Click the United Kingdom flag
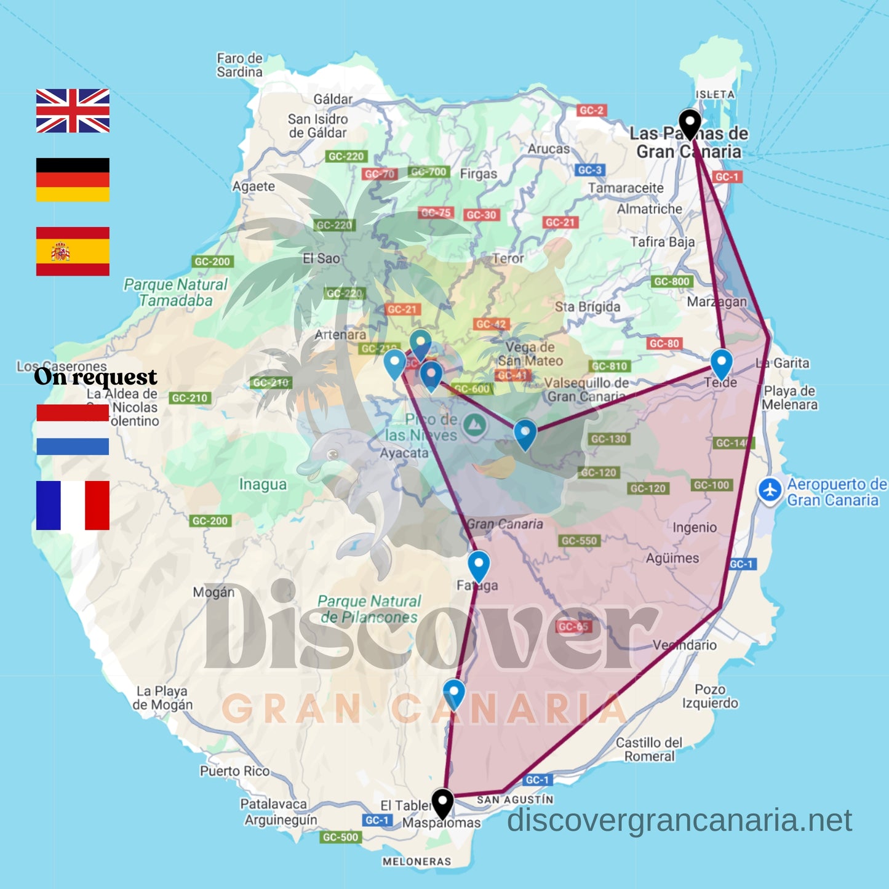pyautogui.click(x=73, y=111)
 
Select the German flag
pyautogui.click(x=73, y=180)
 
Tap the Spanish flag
pyautogui.click(x=73, y=251)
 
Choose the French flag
pyautogui.click(x=73, y=505)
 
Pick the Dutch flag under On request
pyautogui.click(x=73, y=429)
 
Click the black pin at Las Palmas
pyautogui.click(x=690, y=123)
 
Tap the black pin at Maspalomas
pyautogui.click(x=442, y=802)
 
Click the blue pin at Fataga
pyautogui.click(x=479, y=564)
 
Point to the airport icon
pyautogui.click(x=770, y=490)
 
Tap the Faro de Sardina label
pyautogui.click(x=239, y=65)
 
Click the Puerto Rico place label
pyautogui.click(x=234, y=771)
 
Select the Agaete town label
pyautogui.click(x=253, y=186)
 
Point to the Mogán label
pyautogui.click(x=213, y=592)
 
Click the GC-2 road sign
pyautogui.click(x=591, y=110)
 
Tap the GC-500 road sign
pyautogui.click(x=340, y=837)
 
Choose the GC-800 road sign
pyautogui.click(x=672, y=281)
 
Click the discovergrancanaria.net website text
pyautogui.click(x=679, y=820)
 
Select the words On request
pyautogui.click(x=95, y=377)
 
